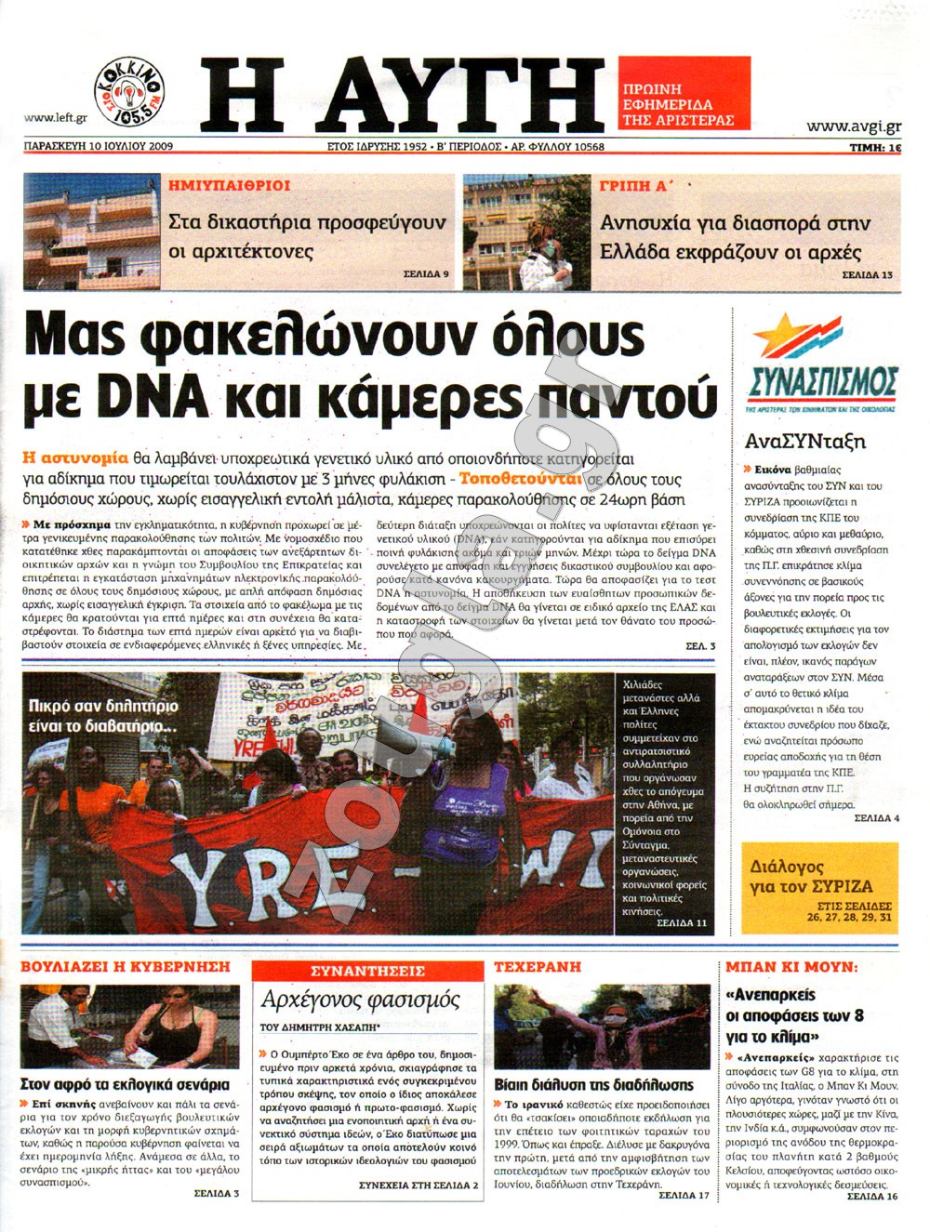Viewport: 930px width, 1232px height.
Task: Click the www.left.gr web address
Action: tap(56, 117)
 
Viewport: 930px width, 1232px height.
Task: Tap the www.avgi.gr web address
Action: tap(853, 126)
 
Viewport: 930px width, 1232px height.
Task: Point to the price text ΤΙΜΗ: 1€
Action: tap(875, 147)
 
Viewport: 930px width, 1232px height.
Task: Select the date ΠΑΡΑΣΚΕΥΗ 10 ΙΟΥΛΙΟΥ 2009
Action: tap(99, 146)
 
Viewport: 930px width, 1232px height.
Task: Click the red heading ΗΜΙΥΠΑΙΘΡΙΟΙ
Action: tap(230, 186)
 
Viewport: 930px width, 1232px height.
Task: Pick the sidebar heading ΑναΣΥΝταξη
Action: tap(805, 442)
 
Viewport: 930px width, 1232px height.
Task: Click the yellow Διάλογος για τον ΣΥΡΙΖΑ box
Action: tap(820, 887)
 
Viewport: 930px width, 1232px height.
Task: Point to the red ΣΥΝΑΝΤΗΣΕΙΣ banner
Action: tap(367, 972)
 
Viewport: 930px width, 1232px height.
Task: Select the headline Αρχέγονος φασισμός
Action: tap(361, 1000)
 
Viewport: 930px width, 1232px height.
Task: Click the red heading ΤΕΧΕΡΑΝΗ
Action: tap(538, 967)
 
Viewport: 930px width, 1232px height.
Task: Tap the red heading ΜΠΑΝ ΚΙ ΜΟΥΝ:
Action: tap(791, 967)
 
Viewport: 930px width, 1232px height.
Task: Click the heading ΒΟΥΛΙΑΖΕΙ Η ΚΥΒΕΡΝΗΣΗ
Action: tap(126, 967)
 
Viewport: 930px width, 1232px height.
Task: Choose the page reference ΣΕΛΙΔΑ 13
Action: tap(867, 275)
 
